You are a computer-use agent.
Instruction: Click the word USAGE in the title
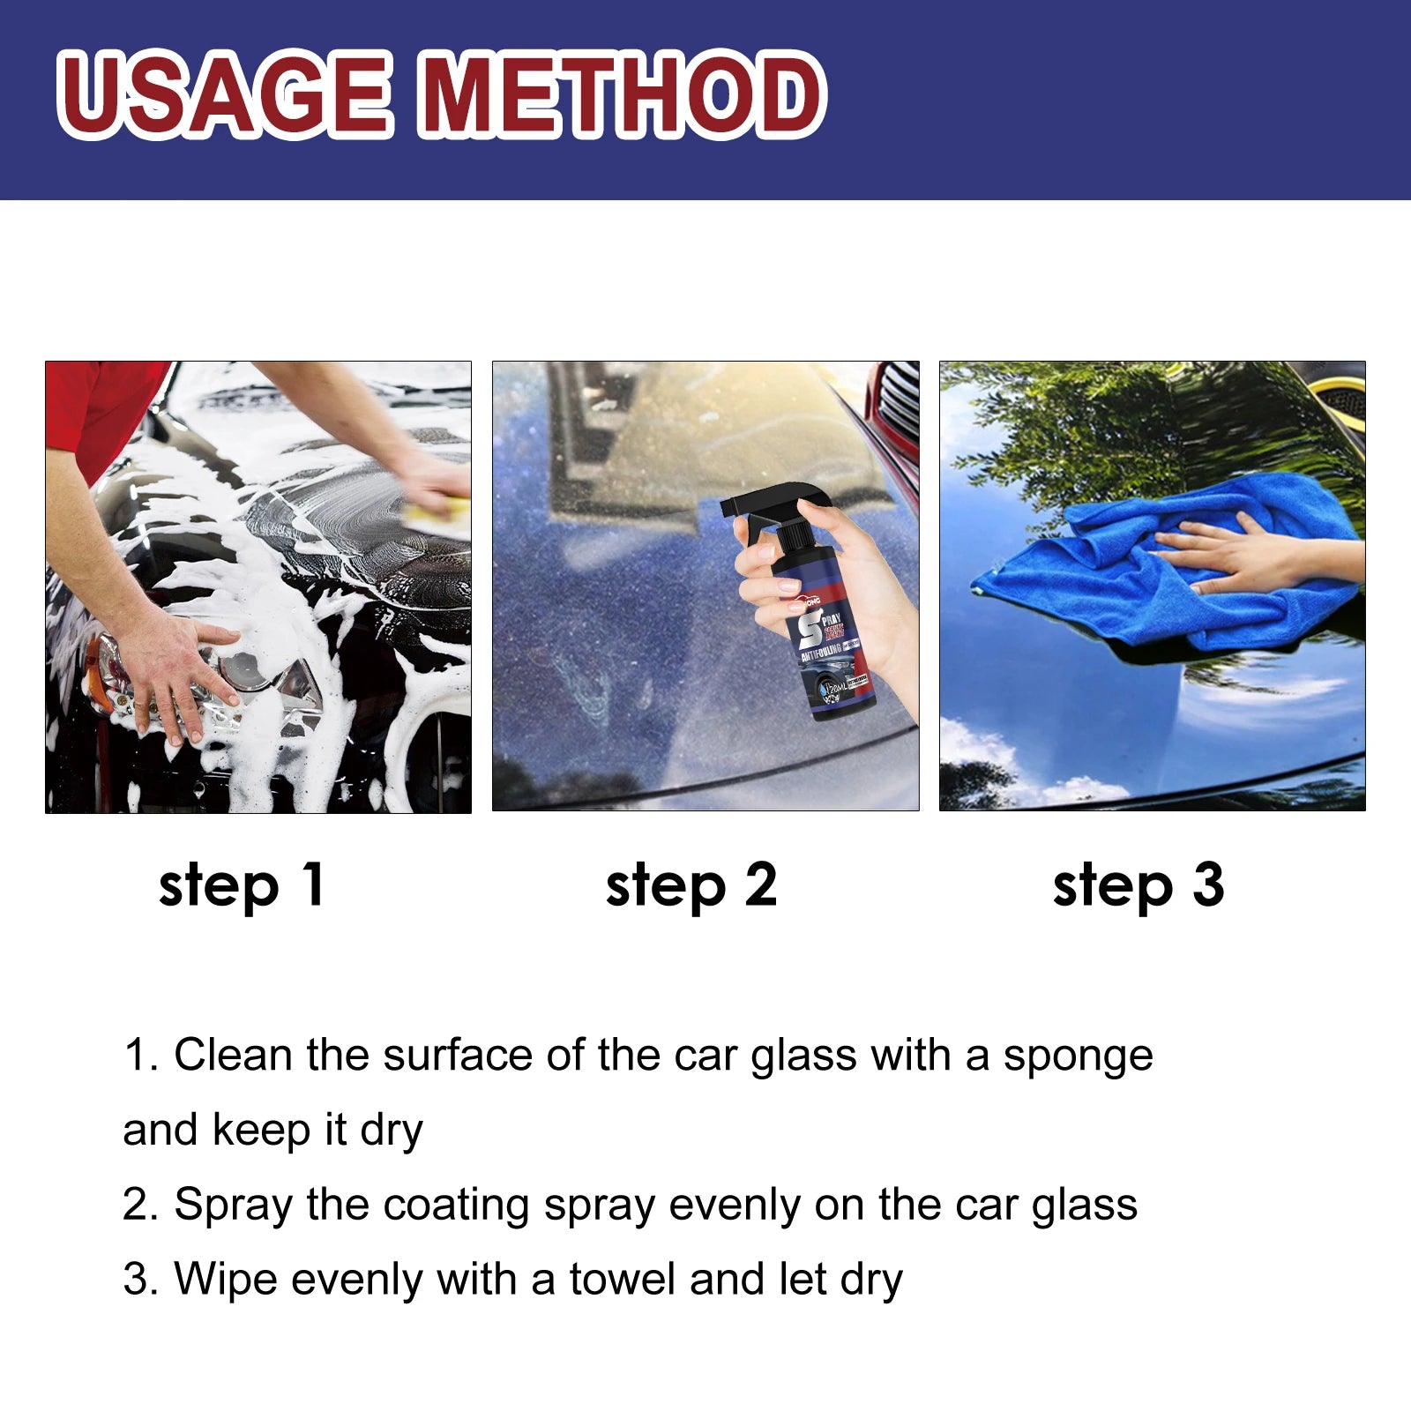[x=225, y=94]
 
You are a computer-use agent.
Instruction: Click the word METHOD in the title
[x=622, y=94]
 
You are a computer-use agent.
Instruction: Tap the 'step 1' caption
[x=242, y=886]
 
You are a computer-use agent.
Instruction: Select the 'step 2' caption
[x=691, y=886]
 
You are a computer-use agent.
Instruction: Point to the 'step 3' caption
[x=1138, y=886]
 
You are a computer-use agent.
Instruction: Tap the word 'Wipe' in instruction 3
[x=225, y=1280]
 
